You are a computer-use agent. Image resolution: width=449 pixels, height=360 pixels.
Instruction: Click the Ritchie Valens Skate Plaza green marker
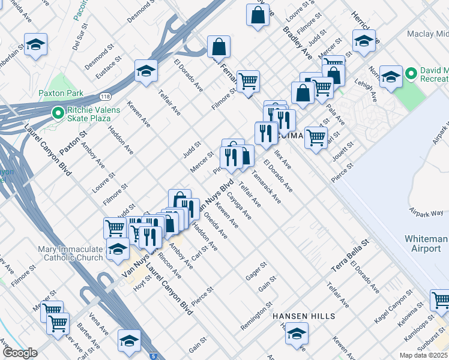click(x=58, y=112)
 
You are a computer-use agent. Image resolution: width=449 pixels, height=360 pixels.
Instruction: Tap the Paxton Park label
click(x=61, y=94)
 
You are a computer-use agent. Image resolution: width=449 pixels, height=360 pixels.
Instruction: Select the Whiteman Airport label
click(x=426, y=243)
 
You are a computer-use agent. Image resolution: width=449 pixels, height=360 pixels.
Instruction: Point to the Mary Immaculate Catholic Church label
click(x=70, y=253)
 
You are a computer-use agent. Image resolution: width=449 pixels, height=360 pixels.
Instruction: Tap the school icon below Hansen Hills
click(x=296, y=334)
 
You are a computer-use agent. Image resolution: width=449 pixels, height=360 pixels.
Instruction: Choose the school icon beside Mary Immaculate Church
click(x=118, y=248)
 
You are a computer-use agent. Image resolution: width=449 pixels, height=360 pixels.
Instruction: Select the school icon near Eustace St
click(x=146, y=71)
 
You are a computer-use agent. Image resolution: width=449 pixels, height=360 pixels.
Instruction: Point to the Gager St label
click(x=256, y=271)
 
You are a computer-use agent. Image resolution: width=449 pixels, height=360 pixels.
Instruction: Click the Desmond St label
click(x=141, y=13)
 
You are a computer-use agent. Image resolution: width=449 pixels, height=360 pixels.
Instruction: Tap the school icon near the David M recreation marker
click(x=391, y=77)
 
